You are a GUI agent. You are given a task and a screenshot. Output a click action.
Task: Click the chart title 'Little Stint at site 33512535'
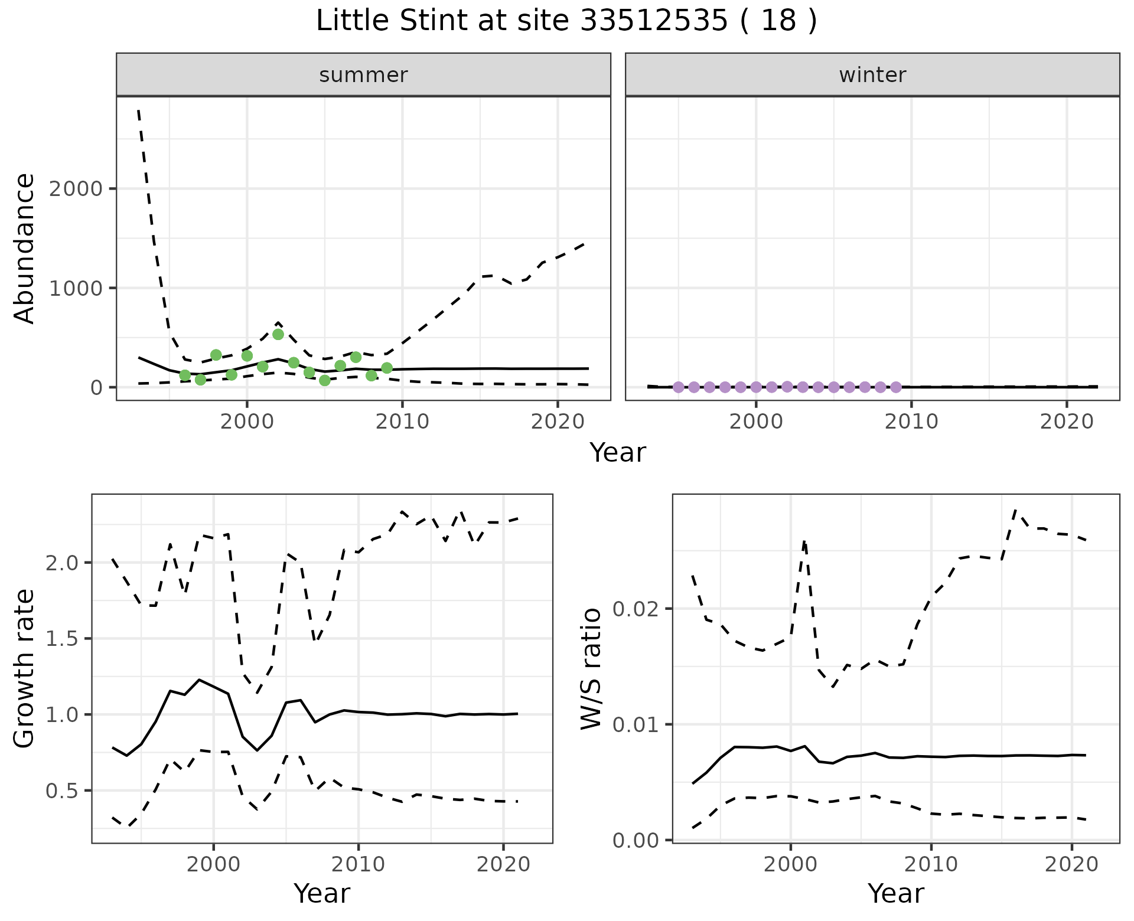[x=566, y=21]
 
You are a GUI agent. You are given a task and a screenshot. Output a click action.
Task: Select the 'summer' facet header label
[x=363, y=75]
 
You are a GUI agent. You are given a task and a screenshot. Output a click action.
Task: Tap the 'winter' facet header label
[x=872, y=75]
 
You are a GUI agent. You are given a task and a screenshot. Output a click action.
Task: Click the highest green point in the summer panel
[x=278, y=334]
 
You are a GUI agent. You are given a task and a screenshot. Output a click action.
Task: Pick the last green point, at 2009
[x=387, y=368]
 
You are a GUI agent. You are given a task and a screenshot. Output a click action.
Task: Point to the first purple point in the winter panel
[x=678, y=387]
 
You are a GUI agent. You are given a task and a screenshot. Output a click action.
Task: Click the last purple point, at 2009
[x=896, y=387]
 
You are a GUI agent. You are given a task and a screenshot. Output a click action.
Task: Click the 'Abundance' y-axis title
[x=25, y=249]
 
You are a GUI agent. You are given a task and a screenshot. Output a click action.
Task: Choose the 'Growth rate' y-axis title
[x=25, y=669]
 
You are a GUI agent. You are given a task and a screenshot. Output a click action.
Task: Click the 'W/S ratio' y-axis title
[x=591, y=669]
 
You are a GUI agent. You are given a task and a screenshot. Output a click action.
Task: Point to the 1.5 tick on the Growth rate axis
[x=62, y=639]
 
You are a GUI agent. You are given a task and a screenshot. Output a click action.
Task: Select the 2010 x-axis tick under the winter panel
[x=911, y=422]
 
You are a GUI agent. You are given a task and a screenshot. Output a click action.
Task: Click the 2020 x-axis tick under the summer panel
[x=558, y=422]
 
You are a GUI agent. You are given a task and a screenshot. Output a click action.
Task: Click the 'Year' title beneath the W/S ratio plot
[x=895, y=894]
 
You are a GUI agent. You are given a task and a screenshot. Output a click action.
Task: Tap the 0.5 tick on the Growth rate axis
[x=62, y=791]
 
